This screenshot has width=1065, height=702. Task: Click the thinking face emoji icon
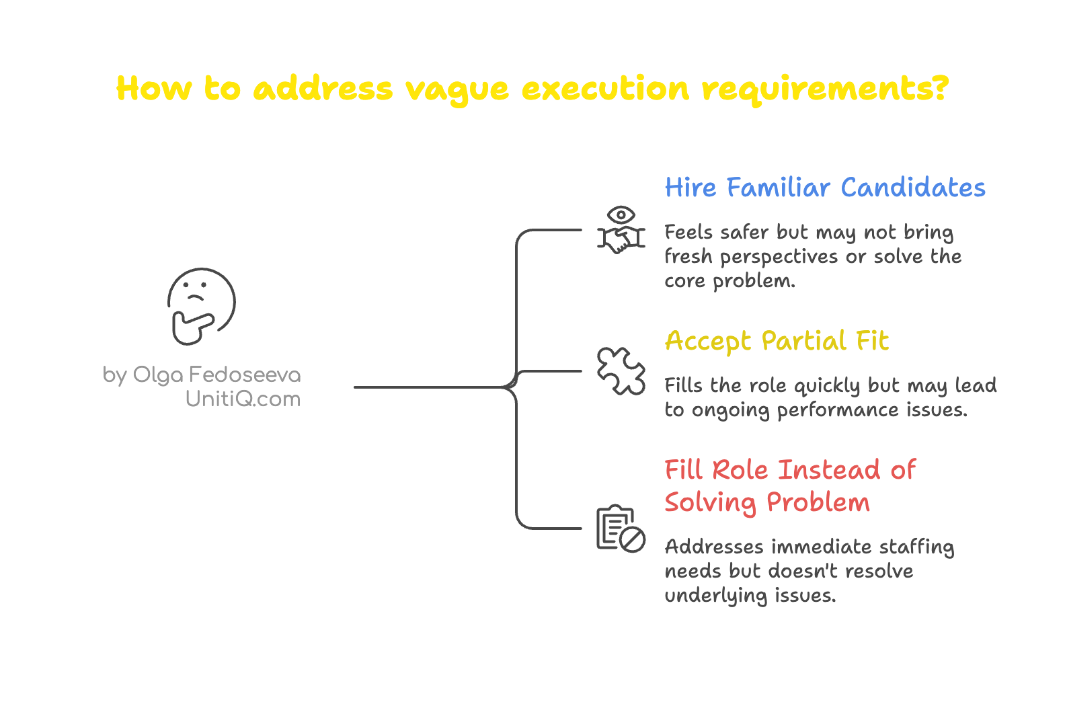200,306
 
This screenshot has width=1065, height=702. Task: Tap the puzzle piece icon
621,371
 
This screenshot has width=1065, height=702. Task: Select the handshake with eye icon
621,230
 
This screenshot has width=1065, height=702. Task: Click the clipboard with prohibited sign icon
621,529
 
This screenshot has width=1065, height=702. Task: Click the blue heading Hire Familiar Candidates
824,188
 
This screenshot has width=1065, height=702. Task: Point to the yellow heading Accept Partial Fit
777,341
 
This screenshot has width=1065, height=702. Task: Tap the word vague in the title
457,89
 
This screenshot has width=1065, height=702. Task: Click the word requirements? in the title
824,89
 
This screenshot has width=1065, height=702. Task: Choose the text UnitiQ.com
243,399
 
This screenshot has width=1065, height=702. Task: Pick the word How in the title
154,89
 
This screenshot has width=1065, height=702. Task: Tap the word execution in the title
605,89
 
